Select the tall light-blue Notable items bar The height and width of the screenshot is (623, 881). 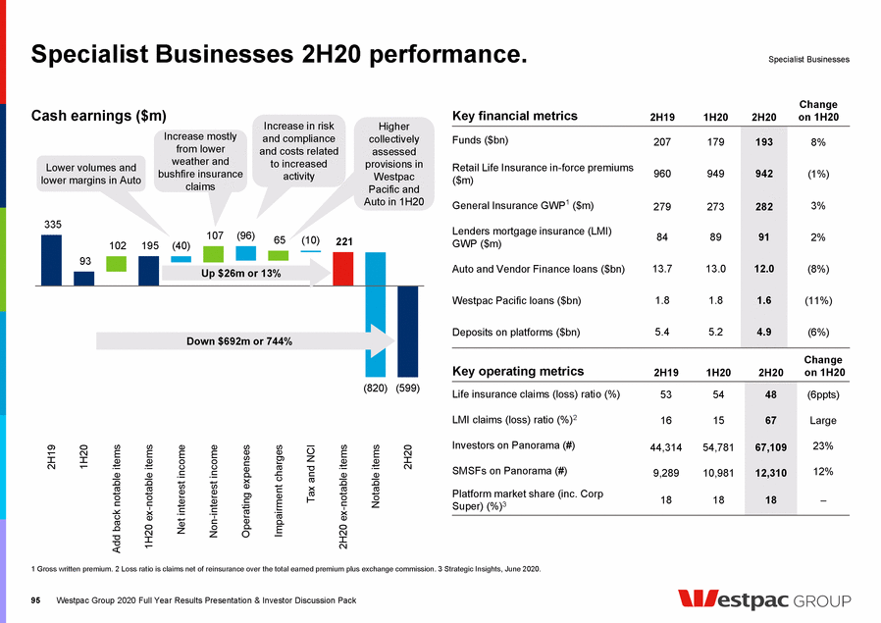pyautogui.click(x=376, y=314)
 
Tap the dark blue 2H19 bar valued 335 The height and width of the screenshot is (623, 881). pyautogui.click(x=51, y=260)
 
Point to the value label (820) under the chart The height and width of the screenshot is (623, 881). pyautogui.click(x=376, y=389)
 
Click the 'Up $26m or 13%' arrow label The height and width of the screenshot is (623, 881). pyautogui.click(x=242, y=274)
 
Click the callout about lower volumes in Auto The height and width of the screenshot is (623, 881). pyautogui.click(x=88, y=174)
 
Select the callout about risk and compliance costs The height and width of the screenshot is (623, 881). pyautogui.click(x=298, y=151)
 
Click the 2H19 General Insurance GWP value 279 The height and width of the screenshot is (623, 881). pyautogui.click(x=661, y=206)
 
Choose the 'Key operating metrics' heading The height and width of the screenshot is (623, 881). pyautogui.click(x=517, y=372)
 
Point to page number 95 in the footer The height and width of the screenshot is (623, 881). pyautogui.click(x=37, y=599)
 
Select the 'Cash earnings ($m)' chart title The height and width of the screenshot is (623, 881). pyautogui.click(x=99, y=116)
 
